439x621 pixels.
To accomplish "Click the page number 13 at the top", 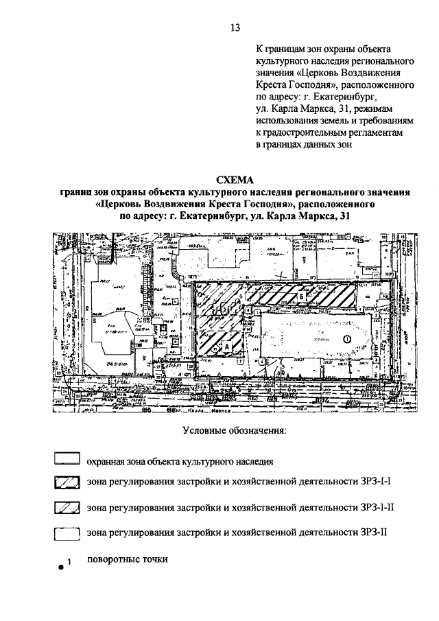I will point(235,28).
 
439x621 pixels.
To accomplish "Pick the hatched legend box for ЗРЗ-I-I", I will point(66,484).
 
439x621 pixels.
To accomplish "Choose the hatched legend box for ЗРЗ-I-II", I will point(66,508).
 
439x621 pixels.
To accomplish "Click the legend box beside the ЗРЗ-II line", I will point(66,532).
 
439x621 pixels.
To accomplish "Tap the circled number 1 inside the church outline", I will point(346,338).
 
